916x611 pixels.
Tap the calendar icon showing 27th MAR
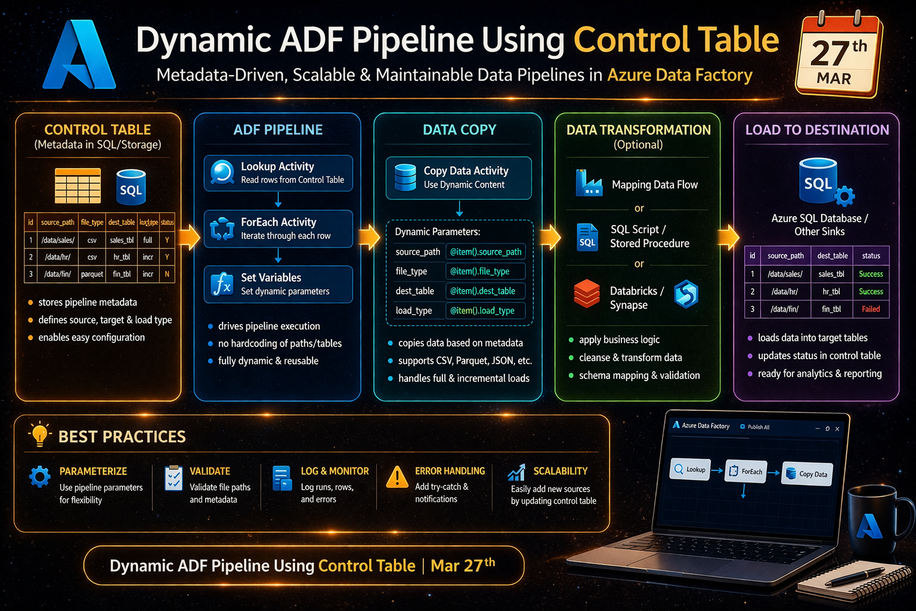click(838, 55)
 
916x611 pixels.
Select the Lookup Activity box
click(278, 173)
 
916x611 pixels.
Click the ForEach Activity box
click(278, 229)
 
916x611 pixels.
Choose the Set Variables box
click(278, 284)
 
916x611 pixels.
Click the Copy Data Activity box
click(459, 178)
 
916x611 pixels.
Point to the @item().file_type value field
click(485, 271)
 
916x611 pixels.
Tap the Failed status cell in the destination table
click(871, 309)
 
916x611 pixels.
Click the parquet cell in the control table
click(92, 274)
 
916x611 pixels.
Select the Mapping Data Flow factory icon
click(589, 183)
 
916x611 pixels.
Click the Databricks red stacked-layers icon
click(587, 294)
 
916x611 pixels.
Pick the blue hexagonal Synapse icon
click(686, 294)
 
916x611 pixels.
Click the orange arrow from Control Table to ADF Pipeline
click(189, 237)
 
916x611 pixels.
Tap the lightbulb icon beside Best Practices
click(39, 434)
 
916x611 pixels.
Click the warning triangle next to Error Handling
click(397, 477)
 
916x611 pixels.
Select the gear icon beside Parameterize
click(40, 477)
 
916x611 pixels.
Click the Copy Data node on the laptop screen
click(807, 474)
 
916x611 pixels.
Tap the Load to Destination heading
click(817, 130)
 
